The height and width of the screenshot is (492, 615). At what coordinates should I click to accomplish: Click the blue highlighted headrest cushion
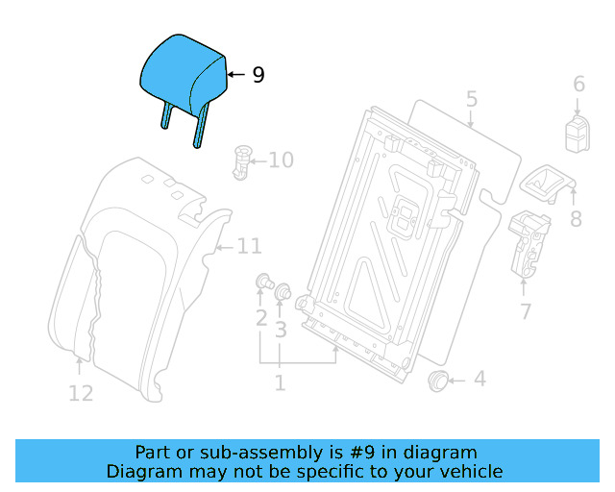click(x=183, y=72)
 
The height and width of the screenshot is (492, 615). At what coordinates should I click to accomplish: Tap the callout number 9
click(x=258, y=75)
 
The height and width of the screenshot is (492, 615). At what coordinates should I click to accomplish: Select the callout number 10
click(x=281, y=160)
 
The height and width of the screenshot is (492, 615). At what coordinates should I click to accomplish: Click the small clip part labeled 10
click(x=241, y=160)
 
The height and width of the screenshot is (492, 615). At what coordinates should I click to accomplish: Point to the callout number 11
click(x=249, y=247)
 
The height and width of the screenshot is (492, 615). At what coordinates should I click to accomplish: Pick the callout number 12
click(x=81, y=392)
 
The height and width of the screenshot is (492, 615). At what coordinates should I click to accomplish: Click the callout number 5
click(x=471, y=99)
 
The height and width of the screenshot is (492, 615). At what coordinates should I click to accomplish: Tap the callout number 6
click(x=578, y=85)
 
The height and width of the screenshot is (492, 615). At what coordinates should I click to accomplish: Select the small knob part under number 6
click(x=578, y=132)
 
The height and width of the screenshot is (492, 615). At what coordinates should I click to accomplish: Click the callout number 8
click(x=576, y=219)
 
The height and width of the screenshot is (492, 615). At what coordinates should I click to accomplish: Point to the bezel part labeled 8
click(x=544, y=183)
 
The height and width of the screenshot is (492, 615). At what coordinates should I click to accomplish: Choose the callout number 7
click(x=525, y=310)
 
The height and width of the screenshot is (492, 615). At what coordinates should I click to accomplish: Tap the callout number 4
click(x=479, y=380)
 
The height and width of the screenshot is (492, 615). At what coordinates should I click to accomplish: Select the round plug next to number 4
click(x=439, y=381)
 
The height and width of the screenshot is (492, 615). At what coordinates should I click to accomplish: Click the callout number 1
click(x=280, y=383)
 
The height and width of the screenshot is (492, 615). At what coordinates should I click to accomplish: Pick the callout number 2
click(x=261, y=318)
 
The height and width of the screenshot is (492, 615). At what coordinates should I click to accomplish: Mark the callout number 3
click(x=281, y=331)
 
